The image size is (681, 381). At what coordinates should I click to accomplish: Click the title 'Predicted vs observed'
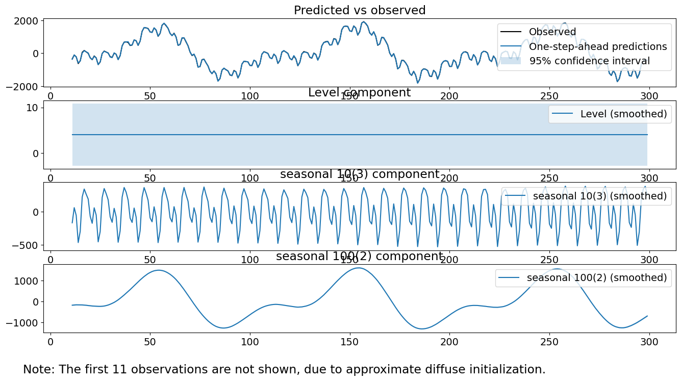[360, 10]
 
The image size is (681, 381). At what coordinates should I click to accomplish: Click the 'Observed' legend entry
[552, 32]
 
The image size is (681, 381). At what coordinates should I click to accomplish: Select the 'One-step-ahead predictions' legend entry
[597, 47]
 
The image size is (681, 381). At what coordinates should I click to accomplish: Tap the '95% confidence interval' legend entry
[589, 61]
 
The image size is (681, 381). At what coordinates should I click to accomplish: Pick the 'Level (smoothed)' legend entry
[623, 114]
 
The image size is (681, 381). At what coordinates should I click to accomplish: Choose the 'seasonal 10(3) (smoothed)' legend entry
[599, 196]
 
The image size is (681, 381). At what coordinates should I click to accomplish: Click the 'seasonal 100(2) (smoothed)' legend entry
[596, 277]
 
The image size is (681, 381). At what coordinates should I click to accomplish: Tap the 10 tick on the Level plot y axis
[33, 108]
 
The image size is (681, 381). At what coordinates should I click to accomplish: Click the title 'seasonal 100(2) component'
[360, 257]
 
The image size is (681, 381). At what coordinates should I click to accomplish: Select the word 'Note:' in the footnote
[39, 369]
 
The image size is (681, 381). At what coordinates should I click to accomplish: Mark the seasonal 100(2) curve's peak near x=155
[359, 268]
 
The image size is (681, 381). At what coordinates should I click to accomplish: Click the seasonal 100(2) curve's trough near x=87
[223, 328]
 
